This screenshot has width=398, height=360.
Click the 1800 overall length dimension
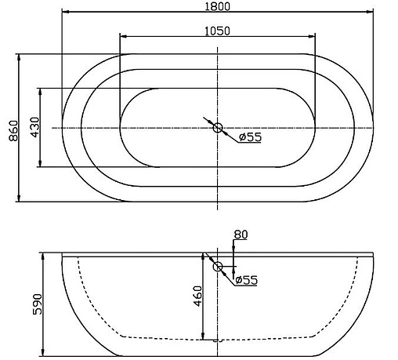tap(218, 6)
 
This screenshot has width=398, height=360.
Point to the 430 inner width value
tap(34, 128)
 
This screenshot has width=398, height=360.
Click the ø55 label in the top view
tap(249, 136)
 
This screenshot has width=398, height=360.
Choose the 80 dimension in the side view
tap(241, 234)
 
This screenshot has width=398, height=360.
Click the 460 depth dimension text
tap(198, 296)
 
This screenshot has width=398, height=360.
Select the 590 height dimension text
tap(34, 303)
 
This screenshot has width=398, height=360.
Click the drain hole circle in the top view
tap(218, 127)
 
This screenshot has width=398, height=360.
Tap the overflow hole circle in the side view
tap(219, 267)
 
